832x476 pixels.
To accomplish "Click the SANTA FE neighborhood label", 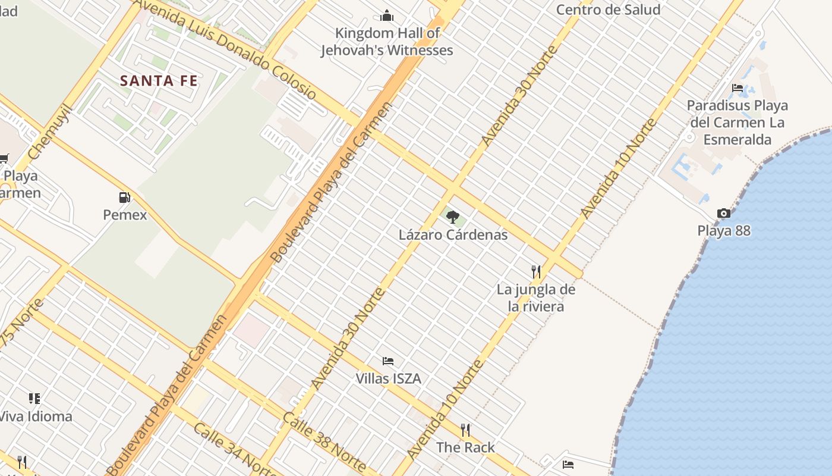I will point(159,81).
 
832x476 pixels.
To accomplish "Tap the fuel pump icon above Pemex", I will point(124,197).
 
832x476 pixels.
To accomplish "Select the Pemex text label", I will point(125,215).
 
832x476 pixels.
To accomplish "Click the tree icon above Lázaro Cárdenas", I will point(453,217).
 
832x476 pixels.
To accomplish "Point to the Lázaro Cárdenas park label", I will point(453,234).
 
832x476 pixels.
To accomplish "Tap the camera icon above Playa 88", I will point(723,213).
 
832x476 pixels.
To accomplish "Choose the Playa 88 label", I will point(724,231).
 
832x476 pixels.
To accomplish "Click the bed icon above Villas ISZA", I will point(388,361).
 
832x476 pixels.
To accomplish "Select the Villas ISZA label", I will point(388,378).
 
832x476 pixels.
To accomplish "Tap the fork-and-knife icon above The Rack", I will point(465,430).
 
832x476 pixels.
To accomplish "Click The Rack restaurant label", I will point(465,447).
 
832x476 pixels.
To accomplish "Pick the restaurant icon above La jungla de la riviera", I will point(536,272).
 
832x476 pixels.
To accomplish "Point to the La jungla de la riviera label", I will point(536,298).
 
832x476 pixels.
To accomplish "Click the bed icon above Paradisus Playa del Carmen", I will point(738,88).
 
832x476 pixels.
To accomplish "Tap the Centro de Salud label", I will point(608,10).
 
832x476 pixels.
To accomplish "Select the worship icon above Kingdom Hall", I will point(387,15).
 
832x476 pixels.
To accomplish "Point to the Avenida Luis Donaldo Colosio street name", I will point(226,49).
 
